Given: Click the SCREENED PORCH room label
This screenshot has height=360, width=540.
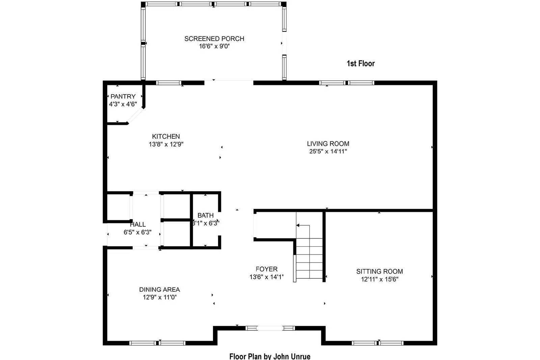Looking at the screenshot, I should (214, 39).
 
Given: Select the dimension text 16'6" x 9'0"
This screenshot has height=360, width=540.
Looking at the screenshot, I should (214, 47).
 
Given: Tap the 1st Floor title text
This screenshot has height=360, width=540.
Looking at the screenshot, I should (360, 63).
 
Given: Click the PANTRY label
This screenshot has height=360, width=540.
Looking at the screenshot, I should (123, 96).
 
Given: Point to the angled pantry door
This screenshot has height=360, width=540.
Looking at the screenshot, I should (135, 116).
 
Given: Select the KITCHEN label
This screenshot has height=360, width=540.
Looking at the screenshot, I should (166, 136).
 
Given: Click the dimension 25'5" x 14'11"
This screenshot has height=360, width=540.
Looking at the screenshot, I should (328, 151).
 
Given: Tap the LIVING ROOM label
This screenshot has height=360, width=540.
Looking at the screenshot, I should (328, 144).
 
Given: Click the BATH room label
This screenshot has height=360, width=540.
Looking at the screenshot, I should (205, 215).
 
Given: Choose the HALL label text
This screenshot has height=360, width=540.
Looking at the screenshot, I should (138, 224).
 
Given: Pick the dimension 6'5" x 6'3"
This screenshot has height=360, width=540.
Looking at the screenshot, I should (137, 232).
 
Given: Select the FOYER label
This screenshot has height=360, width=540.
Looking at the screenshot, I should (266, 269).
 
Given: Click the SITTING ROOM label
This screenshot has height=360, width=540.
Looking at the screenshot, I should (379, 271).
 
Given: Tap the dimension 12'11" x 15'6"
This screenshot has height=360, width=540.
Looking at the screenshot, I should (379, 279).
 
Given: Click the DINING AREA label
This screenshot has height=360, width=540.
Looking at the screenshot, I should (159, 289).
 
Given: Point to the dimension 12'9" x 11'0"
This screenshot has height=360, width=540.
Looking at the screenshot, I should (159, 297).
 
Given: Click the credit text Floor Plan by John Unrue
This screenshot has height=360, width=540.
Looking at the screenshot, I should (270, 356).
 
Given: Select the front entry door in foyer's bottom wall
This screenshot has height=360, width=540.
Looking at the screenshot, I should (270, 328).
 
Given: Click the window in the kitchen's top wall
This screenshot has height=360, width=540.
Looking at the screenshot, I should (168, 83).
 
